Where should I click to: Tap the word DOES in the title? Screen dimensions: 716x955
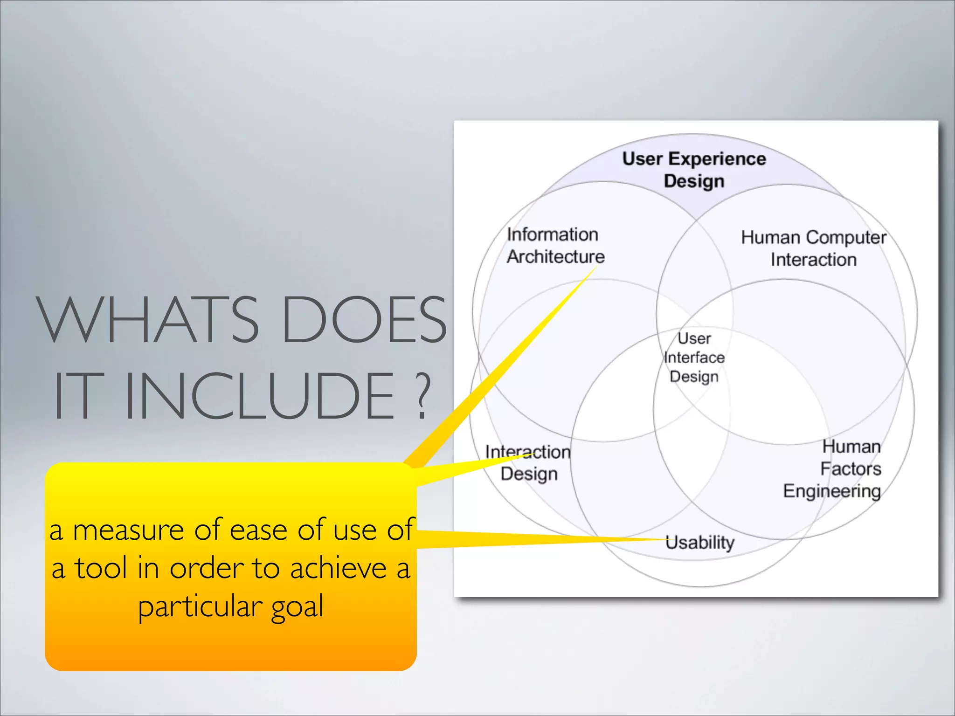point(364,320)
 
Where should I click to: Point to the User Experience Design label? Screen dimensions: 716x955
point(694,170)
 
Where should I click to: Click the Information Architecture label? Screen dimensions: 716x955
point(555,245)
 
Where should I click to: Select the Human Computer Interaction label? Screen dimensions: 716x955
point(813,248)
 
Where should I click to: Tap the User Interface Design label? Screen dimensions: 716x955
point(694,357)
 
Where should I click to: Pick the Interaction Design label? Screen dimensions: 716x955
point(528,462)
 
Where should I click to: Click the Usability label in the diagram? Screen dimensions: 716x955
point(699,542)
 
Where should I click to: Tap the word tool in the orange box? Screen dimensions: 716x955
point(101,569)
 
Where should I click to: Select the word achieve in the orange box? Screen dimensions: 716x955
point(339,569)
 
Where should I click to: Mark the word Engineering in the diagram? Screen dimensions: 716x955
point(832,491)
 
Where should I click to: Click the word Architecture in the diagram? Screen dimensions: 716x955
point(556,256)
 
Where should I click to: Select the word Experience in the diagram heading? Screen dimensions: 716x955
point(717,159)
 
